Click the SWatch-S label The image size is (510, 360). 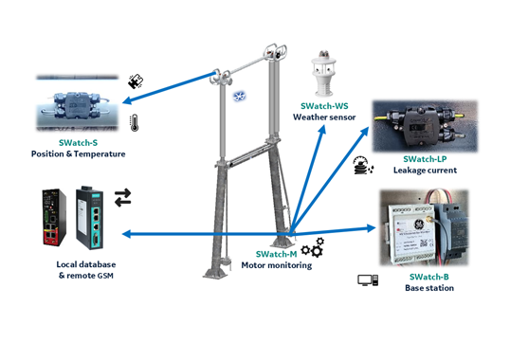pos(78,143)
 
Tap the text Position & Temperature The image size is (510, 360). pos(78,153)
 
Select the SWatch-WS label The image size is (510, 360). pos(324,106)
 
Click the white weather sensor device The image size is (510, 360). pos(322,74)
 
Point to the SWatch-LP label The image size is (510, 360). pos(425,159)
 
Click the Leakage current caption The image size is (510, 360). pos(425,170)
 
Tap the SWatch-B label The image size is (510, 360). pos(429,277)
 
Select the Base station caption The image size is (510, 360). pos(429,288)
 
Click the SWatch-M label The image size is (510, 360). pos(276,254)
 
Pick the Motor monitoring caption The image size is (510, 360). pos(277,265)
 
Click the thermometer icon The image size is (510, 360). pos(134,123)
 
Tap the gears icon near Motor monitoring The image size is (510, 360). pos(313,247)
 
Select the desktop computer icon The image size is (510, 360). pos(368,280)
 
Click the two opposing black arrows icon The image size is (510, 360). pos(122,198)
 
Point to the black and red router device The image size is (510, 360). pos(54,217)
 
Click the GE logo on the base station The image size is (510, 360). pos(417,225)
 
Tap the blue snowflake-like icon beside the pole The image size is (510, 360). pos(239,97)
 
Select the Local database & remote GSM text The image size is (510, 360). pos(86,270)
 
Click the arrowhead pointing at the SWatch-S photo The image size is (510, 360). pos(127,100)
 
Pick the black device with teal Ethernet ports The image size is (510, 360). pos(90,218)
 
